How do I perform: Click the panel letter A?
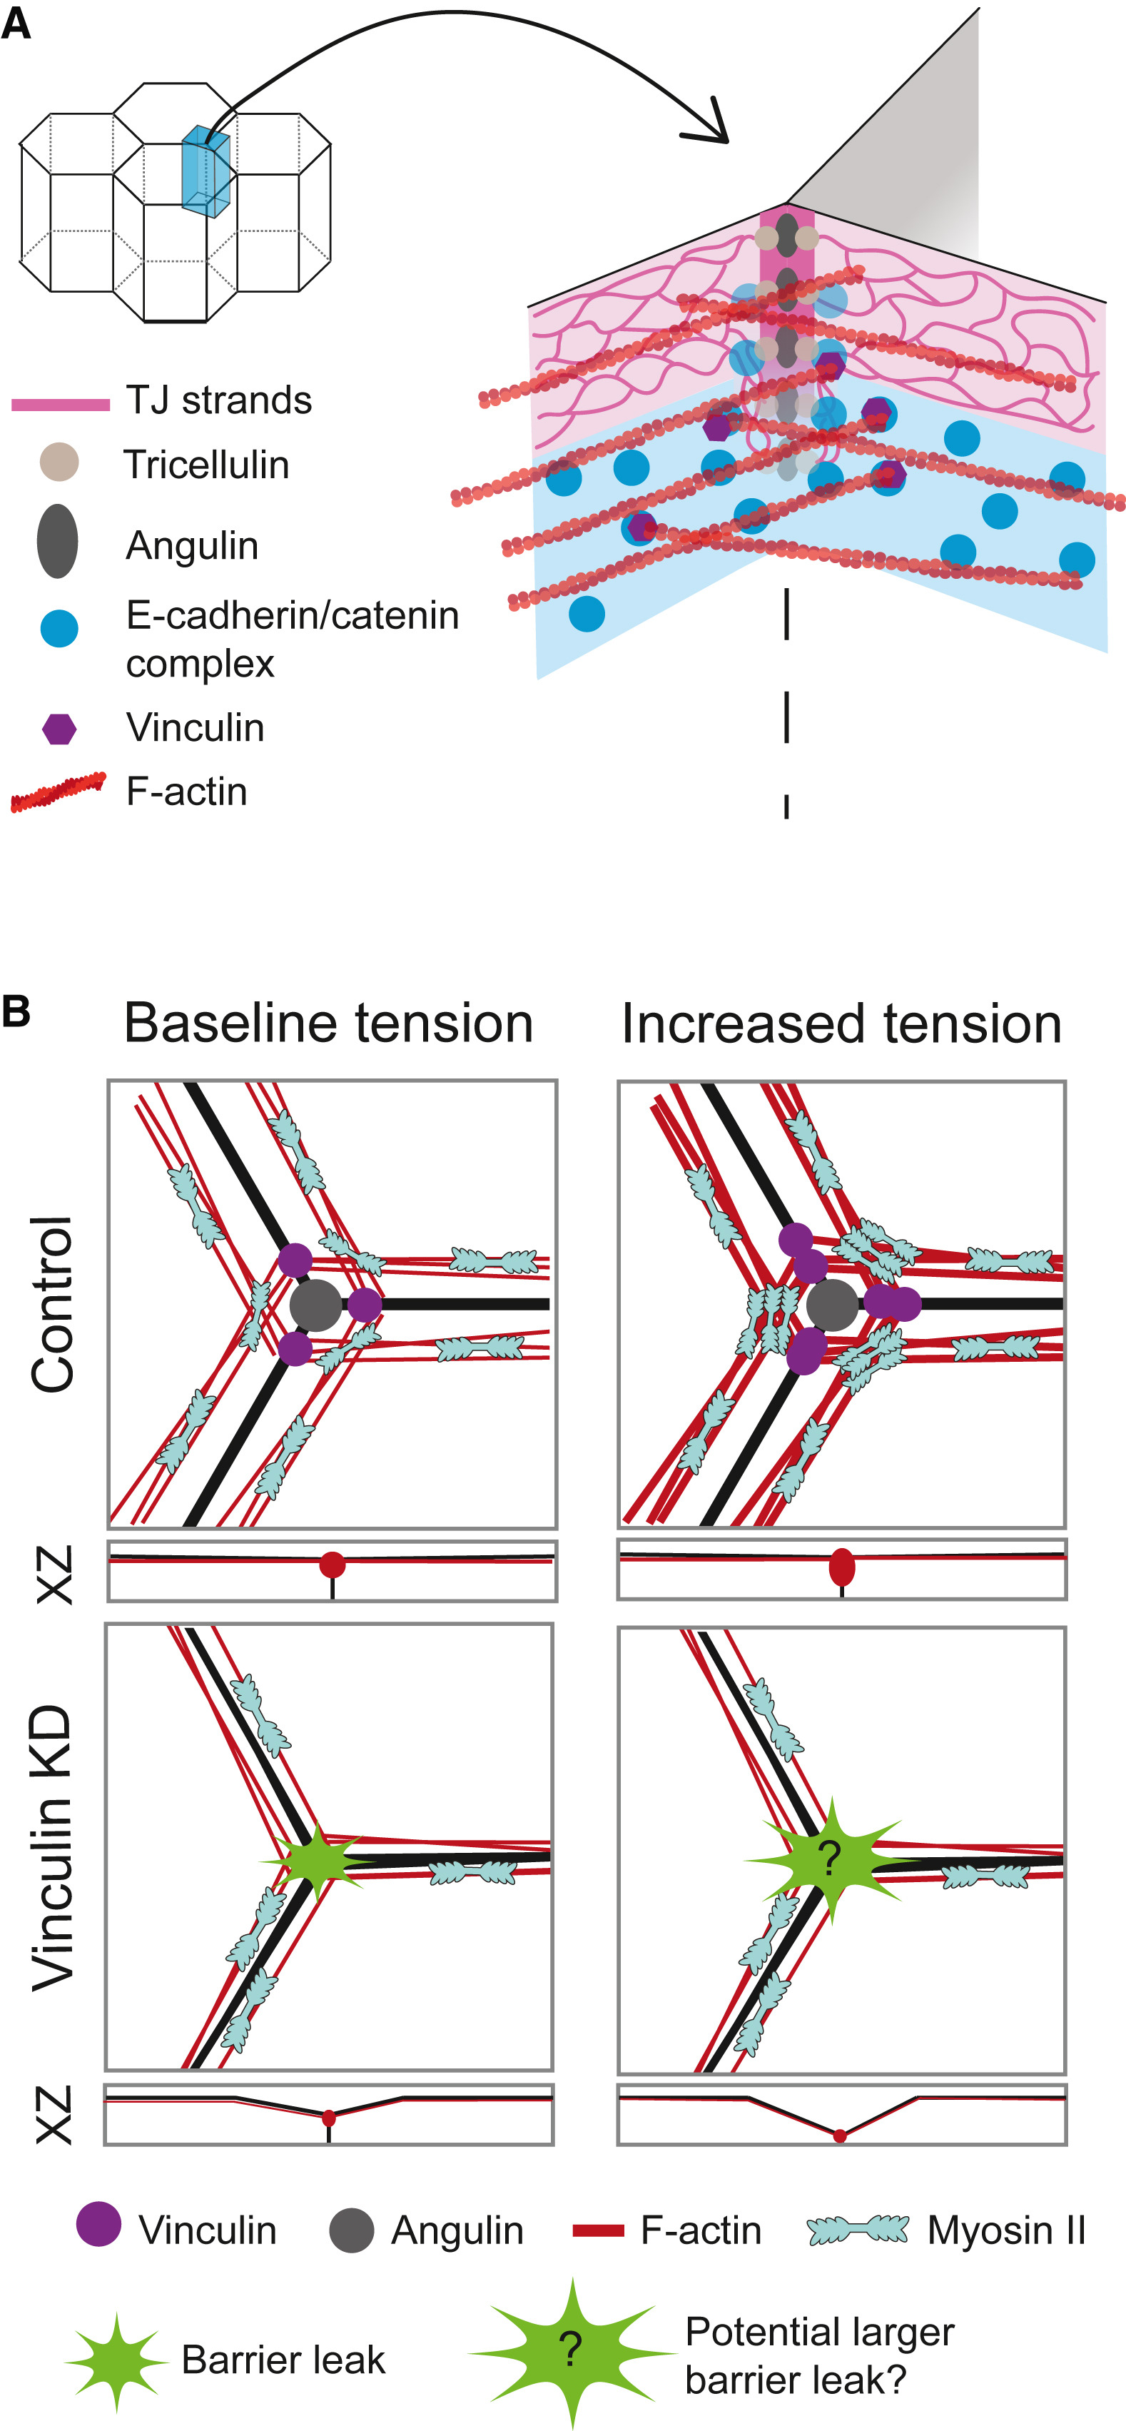[x=16, y=23]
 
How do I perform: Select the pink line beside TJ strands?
[x=61, y=404]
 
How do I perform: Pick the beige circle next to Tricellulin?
[x=59, y=463]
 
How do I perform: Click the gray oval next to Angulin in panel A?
[x=58, y=541]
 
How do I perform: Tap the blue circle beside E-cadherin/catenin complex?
[x=59, y=627]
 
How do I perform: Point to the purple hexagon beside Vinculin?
[x=59, y=727]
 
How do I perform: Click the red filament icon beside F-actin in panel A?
[x=58, y=792]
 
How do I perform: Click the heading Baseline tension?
[x=328, y=1023]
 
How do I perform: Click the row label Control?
[x=53, y=1303]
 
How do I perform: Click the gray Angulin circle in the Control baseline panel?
[x=316, y=1305]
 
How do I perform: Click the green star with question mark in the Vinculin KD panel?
[x=828, y=1859]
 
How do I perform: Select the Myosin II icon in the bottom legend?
[x=858, y=2229]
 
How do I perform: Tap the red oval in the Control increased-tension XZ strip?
[x=842, y=1567]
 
